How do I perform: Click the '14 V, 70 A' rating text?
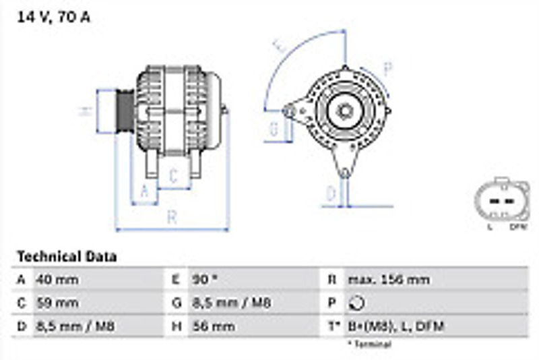pos(53,17)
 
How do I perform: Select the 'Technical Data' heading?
pos(67,256)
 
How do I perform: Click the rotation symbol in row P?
pos(355,303)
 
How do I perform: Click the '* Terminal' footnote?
pos(369,344)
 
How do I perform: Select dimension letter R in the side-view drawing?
pos(172,217)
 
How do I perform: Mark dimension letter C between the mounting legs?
pos(173,177)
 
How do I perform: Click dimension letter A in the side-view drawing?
pos(144,193)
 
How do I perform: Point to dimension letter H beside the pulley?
pos(86,111)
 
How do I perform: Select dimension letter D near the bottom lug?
pos(331,194)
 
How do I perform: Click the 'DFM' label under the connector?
pos(517,227)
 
